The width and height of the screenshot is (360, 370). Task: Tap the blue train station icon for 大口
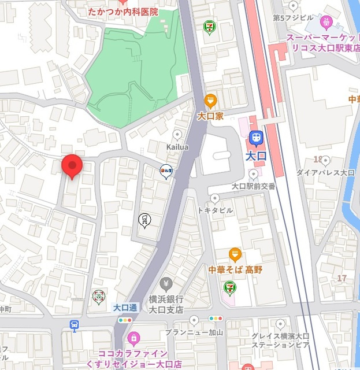click(x=255, y=138)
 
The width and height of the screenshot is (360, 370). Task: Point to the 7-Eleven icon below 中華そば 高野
click(x=230, y=286)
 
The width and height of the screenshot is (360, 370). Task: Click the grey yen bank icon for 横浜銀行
click(x=166, y=283)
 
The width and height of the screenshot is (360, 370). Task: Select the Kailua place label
click(x=177, y=149)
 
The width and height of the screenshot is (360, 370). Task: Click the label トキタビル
click(x=215, y=210)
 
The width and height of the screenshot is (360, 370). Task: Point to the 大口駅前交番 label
click(x=254, y=186)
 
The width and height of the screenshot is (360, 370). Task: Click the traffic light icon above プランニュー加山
click(x=216, y=319)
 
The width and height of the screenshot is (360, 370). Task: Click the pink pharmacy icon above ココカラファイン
click(x=133, y=337)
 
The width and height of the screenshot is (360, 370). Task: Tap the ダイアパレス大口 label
click(x=325, y=173)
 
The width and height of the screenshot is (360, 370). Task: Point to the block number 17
click(x=342, y=278)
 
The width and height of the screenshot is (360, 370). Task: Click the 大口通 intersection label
click(x=125, y=307)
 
